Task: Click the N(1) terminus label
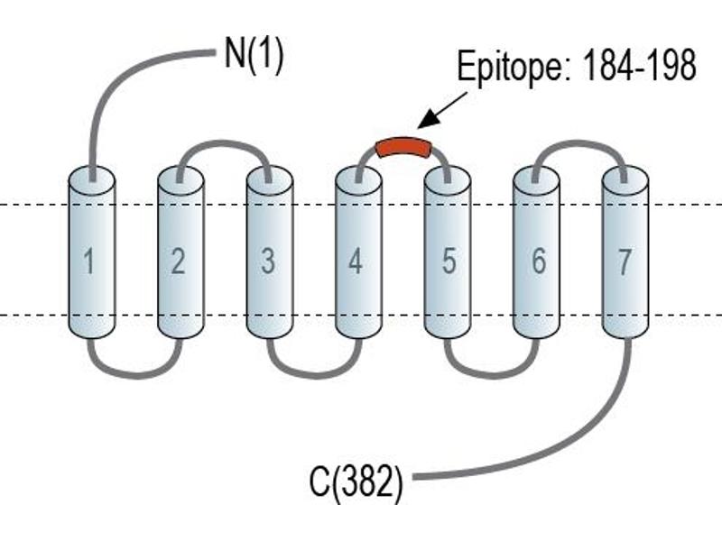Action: [254, 55]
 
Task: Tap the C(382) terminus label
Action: [356, 481]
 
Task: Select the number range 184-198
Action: [640, 65]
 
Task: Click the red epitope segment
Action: [404, 147]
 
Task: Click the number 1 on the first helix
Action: [89, 261]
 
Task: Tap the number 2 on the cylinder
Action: [178, 261]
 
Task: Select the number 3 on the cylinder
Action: [268, 261]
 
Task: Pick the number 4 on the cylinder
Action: [356, 261]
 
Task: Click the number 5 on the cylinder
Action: [449, 261]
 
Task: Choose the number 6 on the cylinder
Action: [539, 261]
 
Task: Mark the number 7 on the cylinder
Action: [624, 261]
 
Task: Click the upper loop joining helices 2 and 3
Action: [224, 144]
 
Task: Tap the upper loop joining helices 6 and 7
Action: [579, 144]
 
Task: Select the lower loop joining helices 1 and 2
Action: [134, 374]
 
